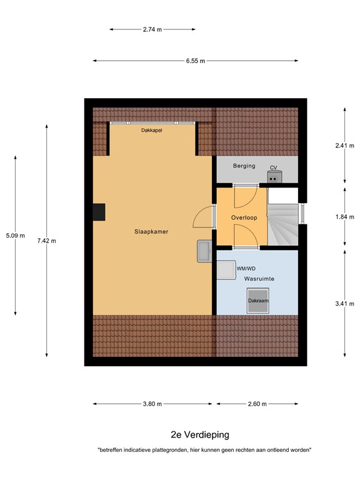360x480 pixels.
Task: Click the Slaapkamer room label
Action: (x=151, y=231)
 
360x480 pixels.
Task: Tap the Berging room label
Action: (x=244, y=166)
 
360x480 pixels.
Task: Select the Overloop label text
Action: (x=244, y=217)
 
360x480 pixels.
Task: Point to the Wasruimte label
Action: (x=260, y=278)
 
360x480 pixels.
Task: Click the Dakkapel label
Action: (x=152, y=131)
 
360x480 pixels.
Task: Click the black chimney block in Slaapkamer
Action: (x=99, y=212)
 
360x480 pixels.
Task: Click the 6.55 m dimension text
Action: (x=195, y=61)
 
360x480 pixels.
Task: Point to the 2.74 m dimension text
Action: (x=152, y=29)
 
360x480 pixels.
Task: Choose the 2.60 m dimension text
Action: (x=257, y=404)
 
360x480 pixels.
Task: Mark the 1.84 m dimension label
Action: (x=344, y=217)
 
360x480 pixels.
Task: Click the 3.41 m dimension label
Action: (x=344, y=304)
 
